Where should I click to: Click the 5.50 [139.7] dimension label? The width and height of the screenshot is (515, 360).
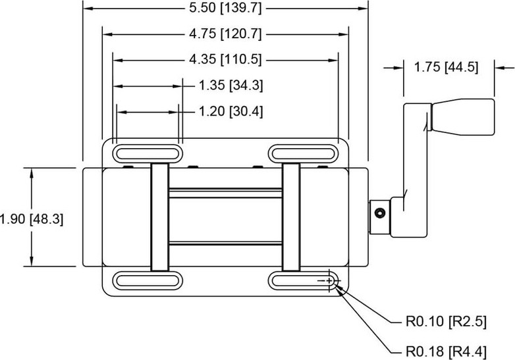(225, 8)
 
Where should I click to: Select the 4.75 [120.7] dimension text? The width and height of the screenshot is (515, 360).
(225, 34)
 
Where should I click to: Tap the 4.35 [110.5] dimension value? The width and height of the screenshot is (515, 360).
(225, 60)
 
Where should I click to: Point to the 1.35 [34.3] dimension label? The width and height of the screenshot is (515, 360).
(231, 86)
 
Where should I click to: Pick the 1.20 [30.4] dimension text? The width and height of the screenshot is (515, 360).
(231, 112)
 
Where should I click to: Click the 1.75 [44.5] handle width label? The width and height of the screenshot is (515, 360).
(446, 67)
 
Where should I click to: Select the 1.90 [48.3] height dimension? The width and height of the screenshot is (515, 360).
(32, 219)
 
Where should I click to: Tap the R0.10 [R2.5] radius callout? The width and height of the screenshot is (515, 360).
(446, 321)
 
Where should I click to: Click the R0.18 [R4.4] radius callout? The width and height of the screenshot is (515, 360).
(446, 351)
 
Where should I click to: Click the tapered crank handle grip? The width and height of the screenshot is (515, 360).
(462, 117)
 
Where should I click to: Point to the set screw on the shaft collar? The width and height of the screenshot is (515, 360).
(381, 213)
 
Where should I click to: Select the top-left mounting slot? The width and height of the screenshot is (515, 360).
(148, 153)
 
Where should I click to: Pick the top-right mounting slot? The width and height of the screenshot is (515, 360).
(303, 153)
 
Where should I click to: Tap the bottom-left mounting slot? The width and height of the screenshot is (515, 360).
(148, 281)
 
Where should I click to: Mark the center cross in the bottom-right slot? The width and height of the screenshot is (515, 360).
(329, 281)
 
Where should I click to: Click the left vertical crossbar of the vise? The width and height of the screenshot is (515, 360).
(159, 217)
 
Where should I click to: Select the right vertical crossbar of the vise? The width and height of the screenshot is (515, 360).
(291, 217)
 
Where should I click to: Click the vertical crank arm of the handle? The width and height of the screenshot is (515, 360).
(415, 170)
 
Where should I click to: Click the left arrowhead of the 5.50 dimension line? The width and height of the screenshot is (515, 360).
(89, 8)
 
